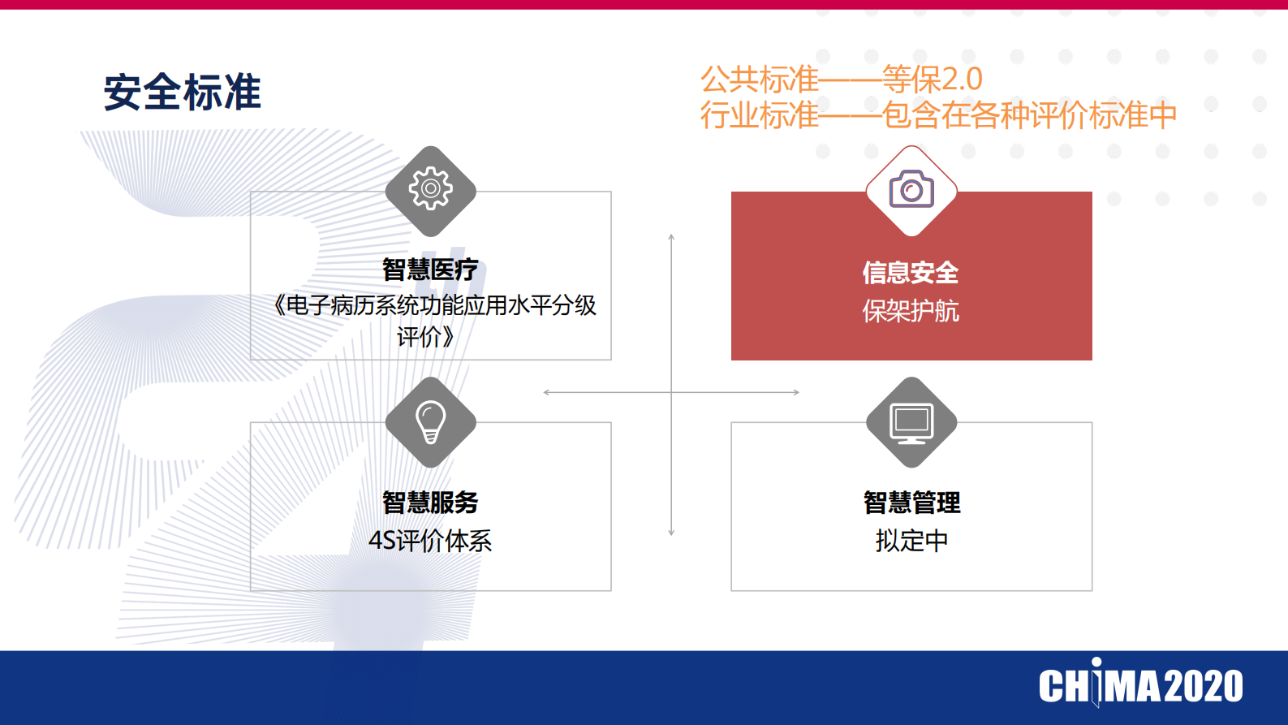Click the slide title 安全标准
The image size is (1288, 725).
coord(182,92)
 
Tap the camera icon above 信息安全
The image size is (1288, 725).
coord(911,190)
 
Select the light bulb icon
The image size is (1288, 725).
coord(430,422)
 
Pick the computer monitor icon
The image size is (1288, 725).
coord(911,422)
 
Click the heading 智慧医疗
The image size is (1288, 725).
coord(430,269)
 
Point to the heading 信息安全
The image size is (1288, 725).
coord(911,272)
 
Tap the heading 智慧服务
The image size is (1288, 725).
coord(430,502)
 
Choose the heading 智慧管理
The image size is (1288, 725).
coord(911,502)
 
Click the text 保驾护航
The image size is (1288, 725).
coord(911,311)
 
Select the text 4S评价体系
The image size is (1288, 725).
coord(430,541)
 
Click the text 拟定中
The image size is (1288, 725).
coord(911,541)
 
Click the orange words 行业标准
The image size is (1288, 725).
coord(760,115)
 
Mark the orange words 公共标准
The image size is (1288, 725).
coord(760,80)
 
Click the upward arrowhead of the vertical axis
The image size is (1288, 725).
coord(671,237)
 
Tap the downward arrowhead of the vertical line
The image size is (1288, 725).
coord(671,533)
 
